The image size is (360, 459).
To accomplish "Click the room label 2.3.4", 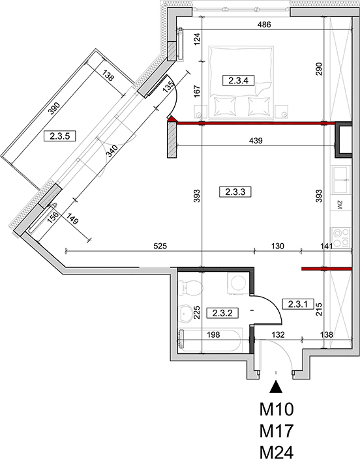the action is (x=239, y=80).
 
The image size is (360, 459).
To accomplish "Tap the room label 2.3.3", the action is (x=235, y=192).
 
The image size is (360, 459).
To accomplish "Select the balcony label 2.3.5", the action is (x=60, y=136).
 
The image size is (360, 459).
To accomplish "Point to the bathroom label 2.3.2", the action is (x=222, y=313).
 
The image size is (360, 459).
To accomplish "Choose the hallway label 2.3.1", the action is (x=298, y=304).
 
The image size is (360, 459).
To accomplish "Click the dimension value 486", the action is (x=264, y=25).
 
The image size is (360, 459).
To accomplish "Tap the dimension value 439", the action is (x=256, y=141).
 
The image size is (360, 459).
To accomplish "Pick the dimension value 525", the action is (x=160, y=246).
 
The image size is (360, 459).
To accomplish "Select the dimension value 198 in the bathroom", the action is (x=213, y=334).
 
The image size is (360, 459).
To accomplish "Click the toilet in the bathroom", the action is (x=190, y=288).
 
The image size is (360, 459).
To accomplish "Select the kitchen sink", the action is (x=340, y=180).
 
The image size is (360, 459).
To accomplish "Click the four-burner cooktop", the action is (x=341, y=237).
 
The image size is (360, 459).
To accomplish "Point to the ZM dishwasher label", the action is (x=340, y=205).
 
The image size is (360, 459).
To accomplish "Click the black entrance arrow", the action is (x=276, y=387).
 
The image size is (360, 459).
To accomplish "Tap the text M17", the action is (x=277, y=431).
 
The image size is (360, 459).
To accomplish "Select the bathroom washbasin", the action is (x=185, y=314).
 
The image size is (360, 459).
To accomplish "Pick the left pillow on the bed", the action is (x=225, y=106).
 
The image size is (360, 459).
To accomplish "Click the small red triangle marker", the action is (x=172, y=119).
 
